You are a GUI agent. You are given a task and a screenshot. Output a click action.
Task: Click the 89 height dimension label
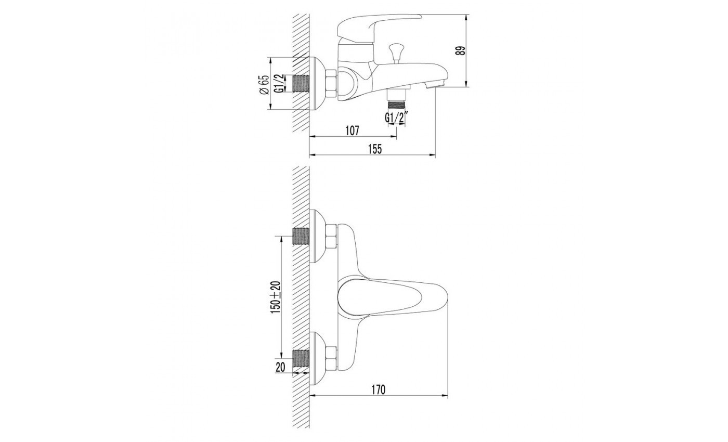pos(461,51)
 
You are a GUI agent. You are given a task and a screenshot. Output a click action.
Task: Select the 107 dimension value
pos(353,131)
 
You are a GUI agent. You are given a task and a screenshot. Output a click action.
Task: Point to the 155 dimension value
pos(375,149)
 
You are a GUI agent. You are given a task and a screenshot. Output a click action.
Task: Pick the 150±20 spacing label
pos(275,297)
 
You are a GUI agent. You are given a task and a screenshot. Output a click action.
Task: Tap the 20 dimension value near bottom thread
pos(280,367)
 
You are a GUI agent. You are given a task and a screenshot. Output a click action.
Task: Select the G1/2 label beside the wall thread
pos(280,84)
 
